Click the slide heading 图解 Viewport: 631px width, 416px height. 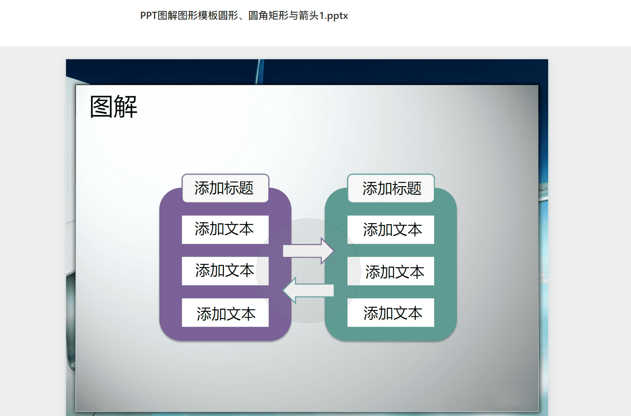point(114,106)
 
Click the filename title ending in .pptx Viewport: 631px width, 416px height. point(244,16)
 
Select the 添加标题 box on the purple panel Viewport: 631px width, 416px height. point(225,188)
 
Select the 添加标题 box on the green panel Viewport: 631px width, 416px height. point(391,188)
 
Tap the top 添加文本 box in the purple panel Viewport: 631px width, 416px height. point(225,229)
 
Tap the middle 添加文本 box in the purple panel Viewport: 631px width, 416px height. point(225,271)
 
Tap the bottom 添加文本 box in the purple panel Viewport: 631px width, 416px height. point(225,313)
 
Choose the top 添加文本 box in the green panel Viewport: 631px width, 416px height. point(391,229)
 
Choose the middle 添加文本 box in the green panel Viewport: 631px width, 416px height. point(391,271)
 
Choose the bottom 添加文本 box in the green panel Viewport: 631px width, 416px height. point(391,313)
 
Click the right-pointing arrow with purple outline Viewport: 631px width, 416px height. point(308,251)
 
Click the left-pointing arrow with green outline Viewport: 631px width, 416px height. point(308,290)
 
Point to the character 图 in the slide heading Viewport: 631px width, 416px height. point(101,106)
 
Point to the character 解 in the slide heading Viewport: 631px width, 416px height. point(126,106)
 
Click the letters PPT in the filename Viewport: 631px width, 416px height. point(148,16)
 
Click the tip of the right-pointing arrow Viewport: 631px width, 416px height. point(334,251)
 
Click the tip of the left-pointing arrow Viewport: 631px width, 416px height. point(282,290)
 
